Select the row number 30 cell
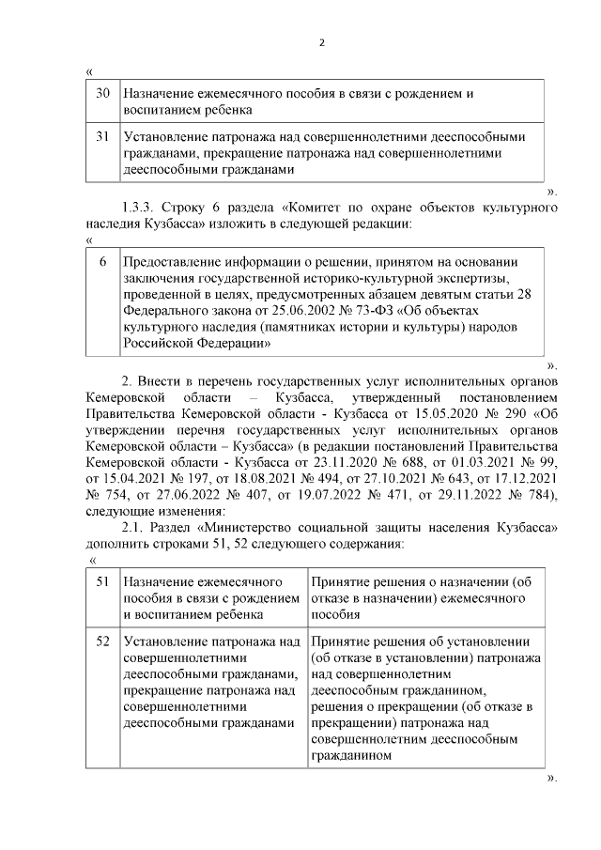pos(103,94)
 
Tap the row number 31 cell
pos(103,137)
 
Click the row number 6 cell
pos(103,261)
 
